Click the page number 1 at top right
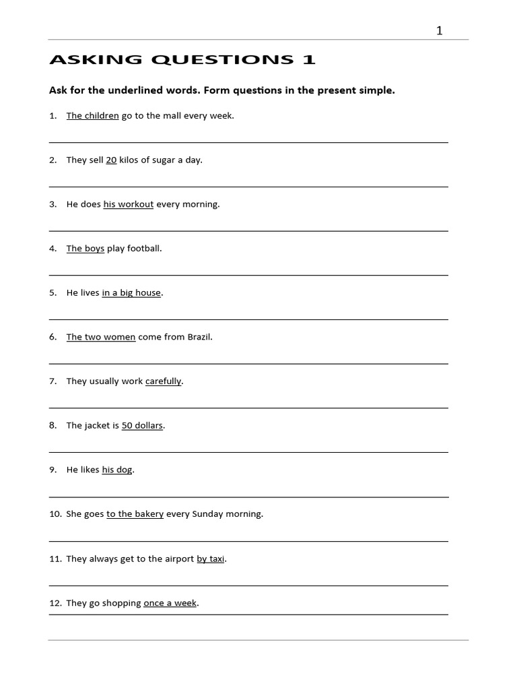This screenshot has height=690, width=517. tap(440, 30)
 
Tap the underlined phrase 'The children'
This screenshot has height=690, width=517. tap(92, 116)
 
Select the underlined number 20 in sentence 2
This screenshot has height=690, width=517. tap(111, 160)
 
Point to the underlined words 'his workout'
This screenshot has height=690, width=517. tap(129, 204)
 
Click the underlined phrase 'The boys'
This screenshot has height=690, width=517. tap(85, 249)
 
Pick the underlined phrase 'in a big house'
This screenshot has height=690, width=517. tap(131, 293)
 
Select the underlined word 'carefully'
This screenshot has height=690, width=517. tap(164, 381)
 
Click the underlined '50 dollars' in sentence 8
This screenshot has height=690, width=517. tap(142, 426)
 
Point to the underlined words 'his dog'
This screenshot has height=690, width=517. tap(117, 470)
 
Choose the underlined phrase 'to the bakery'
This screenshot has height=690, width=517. tap(135, 514)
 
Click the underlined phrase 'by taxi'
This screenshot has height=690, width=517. tap(211, 559)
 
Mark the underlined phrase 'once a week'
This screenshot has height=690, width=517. tap(170, 603)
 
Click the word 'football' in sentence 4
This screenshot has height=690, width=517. tap(145, 249)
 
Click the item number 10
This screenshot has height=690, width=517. tap(55, 514)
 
